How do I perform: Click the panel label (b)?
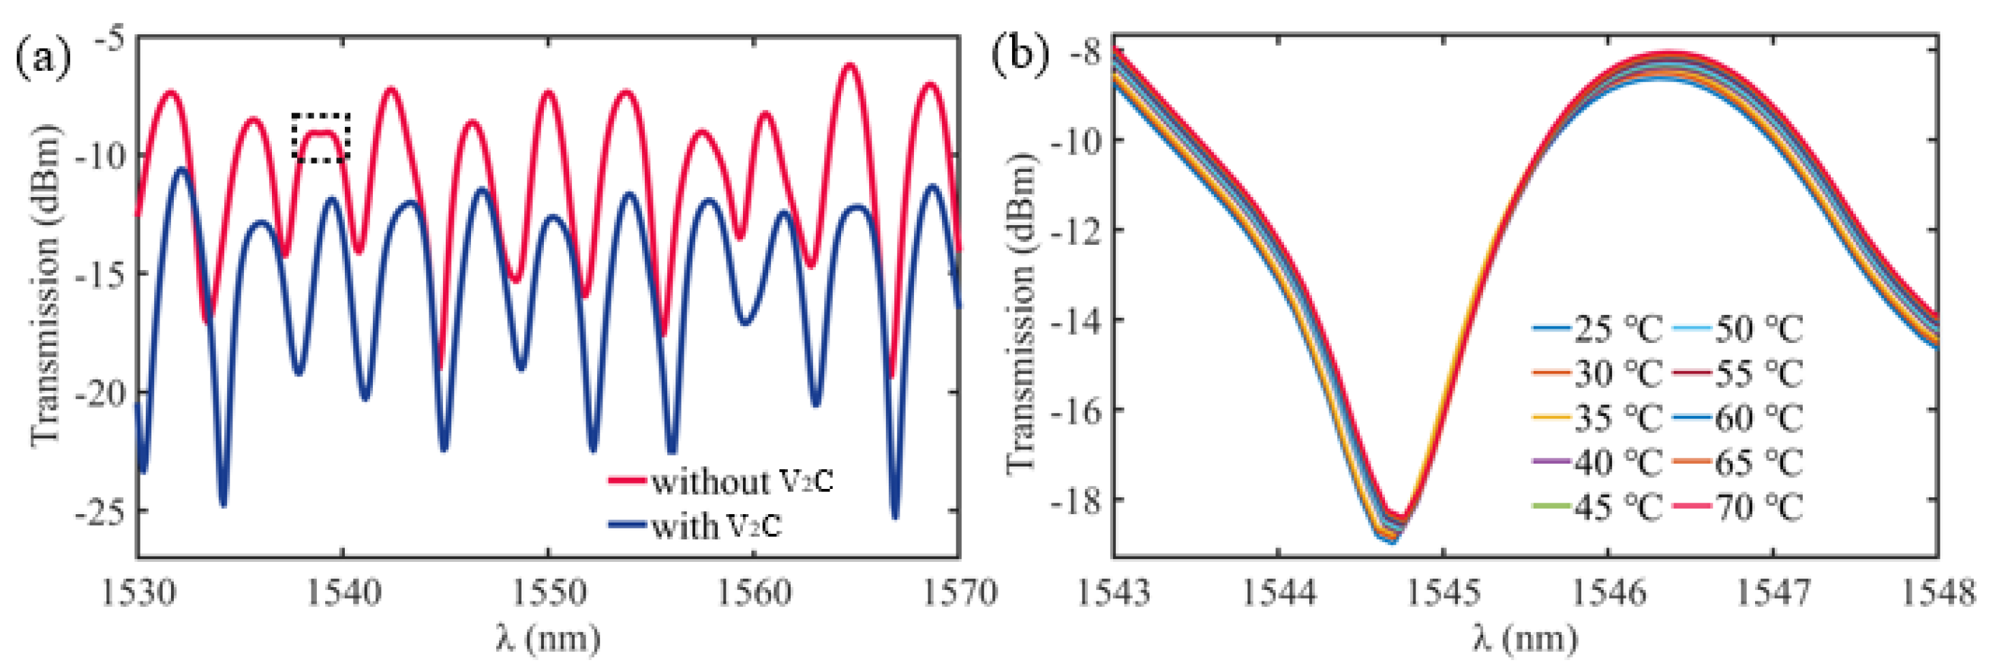click(x=1021, y=56)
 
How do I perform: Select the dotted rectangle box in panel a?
click(x=320, y=138)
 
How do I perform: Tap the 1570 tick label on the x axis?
click(x=959, y=593)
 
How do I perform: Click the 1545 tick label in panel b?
click(x=1443, y=593)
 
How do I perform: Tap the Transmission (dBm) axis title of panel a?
click(x=45, y=286)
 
